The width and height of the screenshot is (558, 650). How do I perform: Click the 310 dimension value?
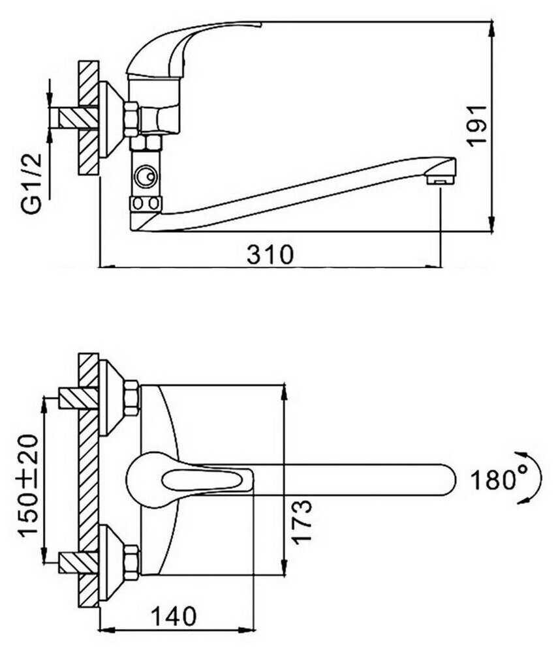point(270,254)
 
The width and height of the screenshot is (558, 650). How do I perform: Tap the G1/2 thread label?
point(33,183)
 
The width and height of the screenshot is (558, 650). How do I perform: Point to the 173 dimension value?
point(302,522)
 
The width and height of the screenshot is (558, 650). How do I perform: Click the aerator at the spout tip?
point(439,181)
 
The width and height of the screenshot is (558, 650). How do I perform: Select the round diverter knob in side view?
point(146,177)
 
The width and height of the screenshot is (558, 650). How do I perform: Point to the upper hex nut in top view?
point(132,398)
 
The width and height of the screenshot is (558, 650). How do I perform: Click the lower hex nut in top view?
point(132,563)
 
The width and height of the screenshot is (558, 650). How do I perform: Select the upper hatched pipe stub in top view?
point(78,398)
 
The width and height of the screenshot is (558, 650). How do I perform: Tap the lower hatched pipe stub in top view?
point(78,563)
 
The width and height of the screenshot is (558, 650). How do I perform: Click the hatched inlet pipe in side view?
point(78,118)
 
